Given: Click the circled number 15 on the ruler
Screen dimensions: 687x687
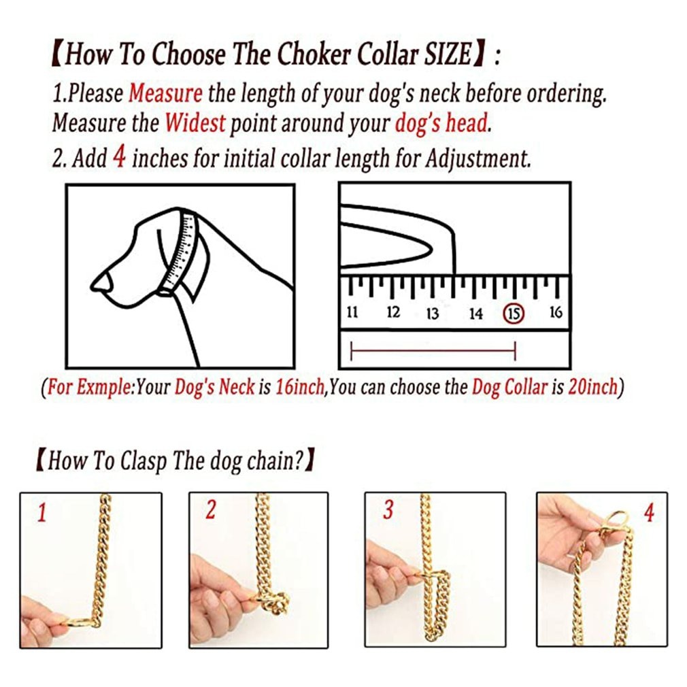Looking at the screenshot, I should [x=514, y=314].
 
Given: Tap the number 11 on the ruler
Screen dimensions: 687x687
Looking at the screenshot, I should [x=352, y=313].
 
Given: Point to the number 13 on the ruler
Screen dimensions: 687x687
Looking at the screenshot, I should [x=432, y=314].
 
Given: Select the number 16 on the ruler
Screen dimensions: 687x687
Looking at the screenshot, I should [x=556, y=312].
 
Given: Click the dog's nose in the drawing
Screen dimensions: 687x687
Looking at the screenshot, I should [x=99, y=282].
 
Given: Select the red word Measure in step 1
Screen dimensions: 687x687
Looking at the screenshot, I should [x=165, y=93].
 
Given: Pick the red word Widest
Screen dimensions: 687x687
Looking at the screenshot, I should [x=195, y=124].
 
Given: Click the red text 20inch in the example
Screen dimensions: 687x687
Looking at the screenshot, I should [x=592, y=388].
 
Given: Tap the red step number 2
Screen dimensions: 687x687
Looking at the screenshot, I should [x=210, y=510].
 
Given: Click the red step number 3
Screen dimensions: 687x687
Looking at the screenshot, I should [x=388, y=511].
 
